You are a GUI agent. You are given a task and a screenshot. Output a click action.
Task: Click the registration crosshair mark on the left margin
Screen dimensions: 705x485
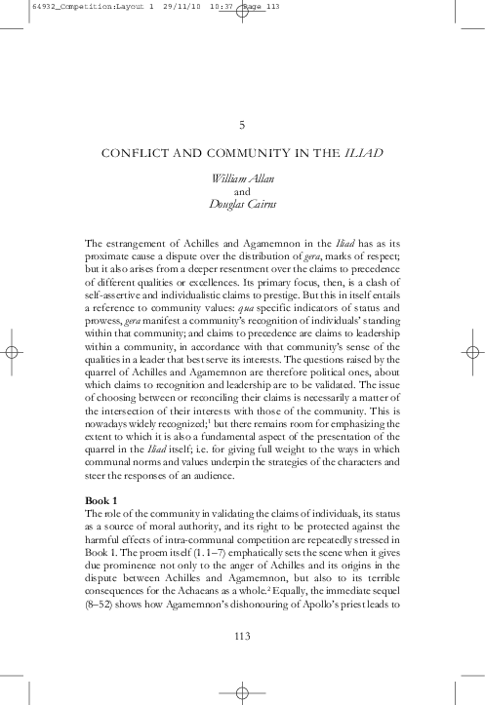(12, 352)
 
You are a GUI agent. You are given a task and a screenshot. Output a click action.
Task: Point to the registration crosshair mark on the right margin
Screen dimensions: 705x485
(473, 352)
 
